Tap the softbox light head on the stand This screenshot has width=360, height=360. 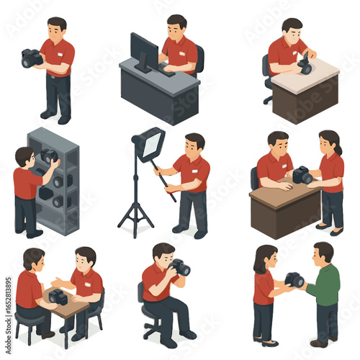click(150, 144)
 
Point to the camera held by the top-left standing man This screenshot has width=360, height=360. click(32, 58)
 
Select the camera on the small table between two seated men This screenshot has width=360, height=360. click(58, 296)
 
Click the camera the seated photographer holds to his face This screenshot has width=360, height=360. click(179, 268)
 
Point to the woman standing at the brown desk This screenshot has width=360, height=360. click(330, 180)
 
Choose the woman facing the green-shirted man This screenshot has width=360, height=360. click(264, 292)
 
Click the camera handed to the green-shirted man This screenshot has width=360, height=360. click(294, 279)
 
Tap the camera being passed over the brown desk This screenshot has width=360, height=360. click(302, 175)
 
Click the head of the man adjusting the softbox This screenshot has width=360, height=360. click(194, 142)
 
